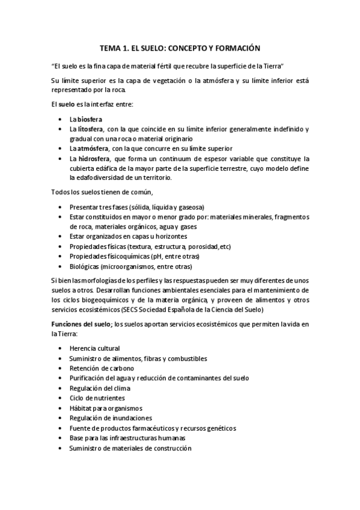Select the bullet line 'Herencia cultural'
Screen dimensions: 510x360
pyautogui.click(x=94, y=348)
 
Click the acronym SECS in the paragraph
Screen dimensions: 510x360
pyautogui.click(x=129, y=309)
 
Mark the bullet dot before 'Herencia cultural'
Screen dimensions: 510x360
pyautogui.click(x=63, y=348)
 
